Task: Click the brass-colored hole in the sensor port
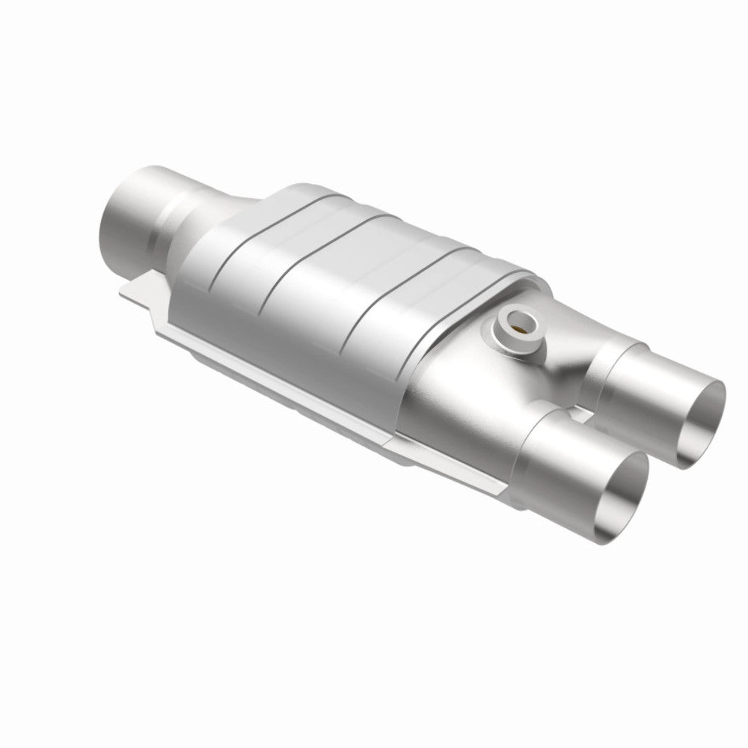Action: tap(518, 324)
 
